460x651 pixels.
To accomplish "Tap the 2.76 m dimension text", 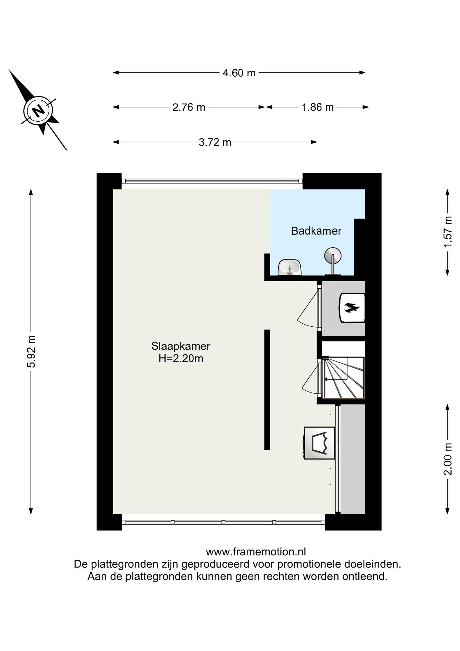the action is click(189, 107).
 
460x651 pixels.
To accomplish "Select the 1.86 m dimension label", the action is click(318, 107).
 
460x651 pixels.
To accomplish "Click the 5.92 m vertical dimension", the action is click(31, 351).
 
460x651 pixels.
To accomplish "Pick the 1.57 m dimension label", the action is click(448, 232).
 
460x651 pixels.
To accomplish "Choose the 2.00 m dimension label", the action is click(448, 459).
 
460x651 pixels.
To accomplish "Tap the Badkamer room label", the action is click(316, 231).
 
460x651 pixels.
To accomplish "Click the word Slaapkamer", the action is click(181, 346).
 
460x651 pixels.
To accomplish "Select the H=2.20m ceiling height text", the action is click(181, 359).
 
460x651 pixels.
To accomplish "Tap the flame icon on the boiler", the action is click(352, 307).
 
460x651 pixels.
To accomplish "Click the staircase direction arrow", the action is click(336, 379).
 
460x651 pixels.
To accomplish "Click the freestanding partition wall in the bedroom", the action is click(267, 389).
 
